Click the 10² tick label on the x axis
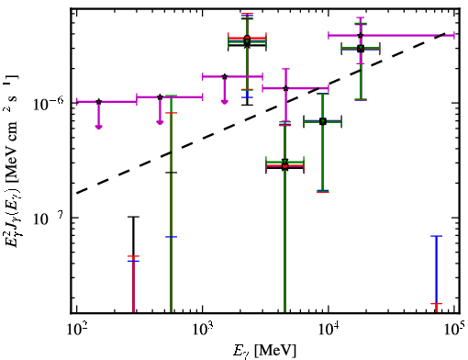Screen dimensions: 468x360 point(76,331)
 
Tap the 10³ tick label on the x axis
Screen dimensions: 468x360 point(202,331)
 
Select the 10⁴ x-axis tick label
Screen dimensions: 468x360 point(328,331)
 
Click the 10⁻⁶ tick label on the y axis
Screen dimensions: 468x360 point(49,105)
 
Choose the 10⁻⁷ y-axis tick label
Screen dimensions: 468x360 point(49,219)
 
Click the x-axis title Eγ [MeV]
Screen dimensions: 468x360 point(264,351)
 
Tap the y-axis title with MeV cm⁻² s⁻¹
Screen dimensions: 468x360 point(11,162)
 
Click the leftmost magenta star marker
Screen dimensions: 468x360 point(98,102)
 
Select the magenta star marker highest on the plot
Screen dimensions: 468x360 point(361,36)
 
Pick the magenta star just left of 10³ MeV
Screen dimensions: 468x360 point(160,97)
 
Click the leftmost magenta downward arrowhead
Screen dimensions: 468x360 point(98,127)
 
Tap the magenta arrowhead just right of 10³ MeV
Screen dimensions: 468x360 point(225,102)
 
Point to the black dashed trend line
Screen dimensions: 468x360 point(261,113)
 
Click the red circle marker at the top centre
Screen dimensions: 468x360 point(247,38)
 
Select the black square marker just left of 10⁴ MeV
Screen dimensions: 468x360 point(322,121)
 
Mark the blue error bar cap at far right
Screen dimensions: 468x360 point(437,236)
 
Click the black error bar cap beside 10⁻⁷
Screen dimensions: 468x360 point(133,217)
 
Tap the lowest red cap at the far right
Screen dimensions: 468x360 point(437,304)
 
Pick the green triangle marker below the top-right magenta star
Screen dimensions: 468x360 point(361,49)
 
